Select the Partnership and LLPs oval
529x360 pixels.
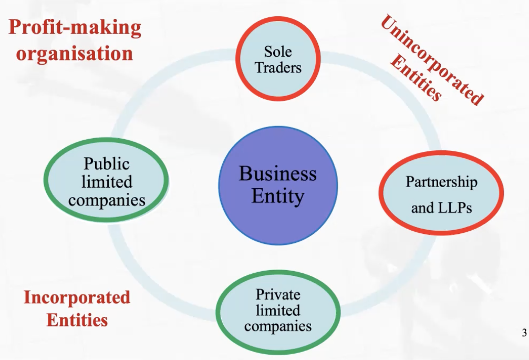click(441, 193)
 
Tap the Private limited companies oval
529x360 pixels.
click(278, 311)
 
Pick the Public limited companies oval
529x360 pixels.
click(107, 181)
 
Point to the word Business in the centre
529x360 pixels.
click(278, 173)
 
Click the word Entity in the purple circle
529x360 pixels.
click(278, 197)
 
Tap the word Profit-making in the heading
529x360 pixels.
click(75, 27)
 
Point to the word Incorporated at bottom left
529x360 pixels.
click(77, 297)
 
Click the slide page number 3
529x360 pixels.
click(524, 332)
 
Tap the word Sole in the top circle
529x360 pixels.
click(278, 52)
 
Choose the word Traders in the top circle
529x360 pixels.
click(278, 67)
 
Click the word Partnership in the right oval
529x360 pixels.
click(441, 182)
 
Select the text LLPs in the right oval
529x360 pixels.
click(454, 208)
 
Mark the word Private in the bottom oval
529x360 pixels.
click(278, 294)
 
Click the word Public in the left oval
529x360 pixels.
click(107, 164)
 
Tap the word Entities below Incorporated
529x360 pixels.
click(77, 320)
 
